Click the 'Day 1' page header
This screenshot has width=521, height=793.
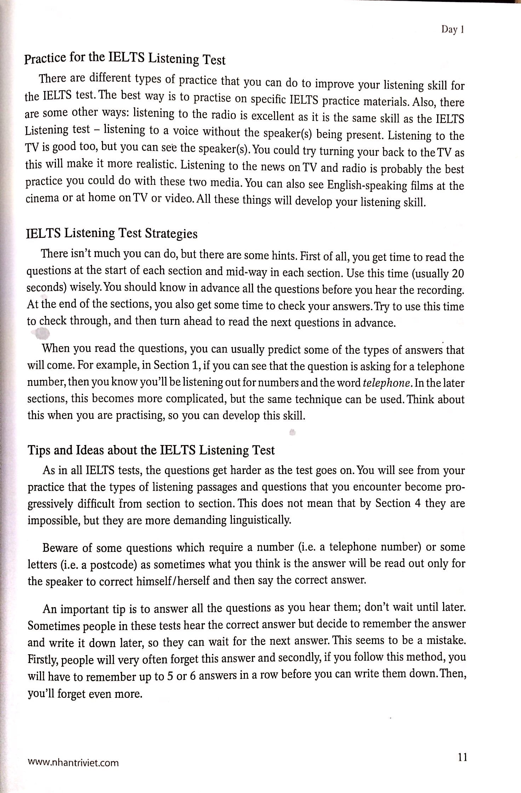coord(452,30)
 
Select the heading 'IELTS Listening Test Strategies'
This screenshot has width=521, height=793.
coord(111,234)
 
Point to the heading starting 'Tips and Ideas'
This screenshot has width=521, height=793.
coord(151,450)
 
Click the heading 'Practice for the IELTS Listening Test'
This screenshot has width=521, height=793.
coord(125,59)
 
